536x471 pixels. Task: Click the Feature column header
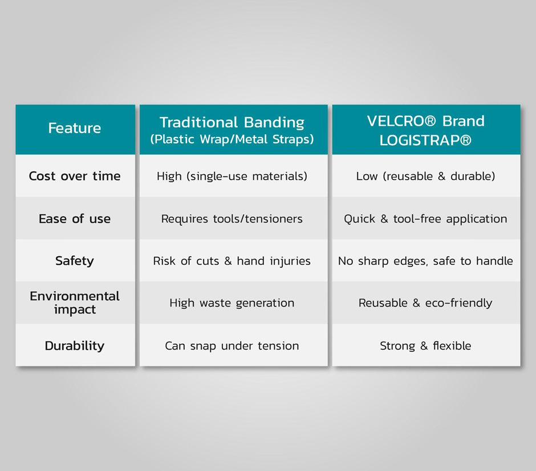[x=75, y=128]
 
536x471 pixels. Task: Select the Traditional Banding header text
[x=232, y=123]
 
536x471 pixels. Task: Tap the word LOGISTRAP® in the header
[x=425, y=140]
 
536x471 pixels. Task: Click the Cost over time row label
[x=75, y=176]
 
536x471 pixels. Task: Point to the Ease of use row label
[x=75, y=219]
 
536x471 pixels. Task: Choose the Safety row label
[x=75, y=261]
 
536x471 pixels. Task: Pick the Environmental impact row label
[x=75, y=303]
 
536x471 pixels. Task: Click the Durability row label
[x=75, y=346]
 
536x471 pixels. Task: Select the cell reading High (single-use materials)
[x=232, y=176]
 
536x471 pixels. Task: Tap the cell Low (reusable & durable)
[x=425, y=176]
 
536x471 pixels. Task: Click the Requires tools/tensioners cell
[x=232, y=219]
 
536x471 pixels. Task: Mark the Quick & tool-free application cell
[x=425, y=219]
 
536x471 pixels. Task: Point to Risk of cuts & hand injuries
[x=232, y=261]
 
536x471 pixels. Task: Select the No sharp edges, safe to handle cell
[x=425, y=261]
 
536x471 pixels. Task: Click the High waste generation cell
[x=232, y=303]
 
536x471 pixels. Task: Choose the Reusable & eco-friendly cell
[x=425, y=303]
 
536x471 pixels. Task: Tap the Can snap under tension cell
[x=232, y=346]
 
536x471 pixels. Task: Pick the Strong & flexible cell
[x=425, y=346]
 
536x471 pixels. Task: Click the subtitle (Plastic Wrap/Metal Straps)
[x=232, y=139]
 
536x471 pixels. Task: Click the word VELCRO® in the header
[x=401, y=121]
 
